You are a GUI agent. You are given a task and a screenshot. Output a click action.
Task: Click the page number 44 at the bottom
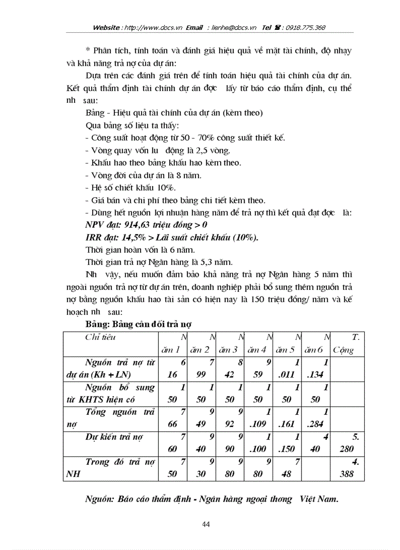pos(206,525)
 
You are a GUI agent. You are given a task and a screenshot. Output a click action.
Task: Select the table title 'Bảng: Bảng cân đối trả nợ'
pos(139,324)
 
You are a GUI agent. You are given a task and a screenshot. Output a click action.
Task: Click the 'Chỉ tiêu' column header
pos(100,337)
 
